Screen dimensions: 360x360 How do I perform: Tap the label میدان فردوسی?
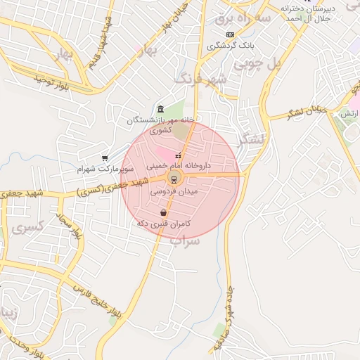click(174, 191)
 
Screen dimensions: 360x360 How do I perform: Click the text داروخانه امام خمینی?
click(179, 167)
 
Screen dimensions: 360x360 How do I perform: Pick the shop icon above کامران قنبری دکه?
click(164, 212)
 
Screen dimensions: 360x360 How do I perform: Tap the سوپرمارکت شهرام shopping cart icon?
click(105, 158)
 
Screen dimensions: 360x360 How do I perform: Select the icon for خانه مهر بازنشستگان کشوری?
click(161, 109)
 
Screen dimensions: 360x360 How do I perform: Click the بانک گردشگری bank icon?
click(229, 34)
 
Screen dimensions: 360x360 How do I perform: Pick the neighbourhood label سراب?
click(185, 240)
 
